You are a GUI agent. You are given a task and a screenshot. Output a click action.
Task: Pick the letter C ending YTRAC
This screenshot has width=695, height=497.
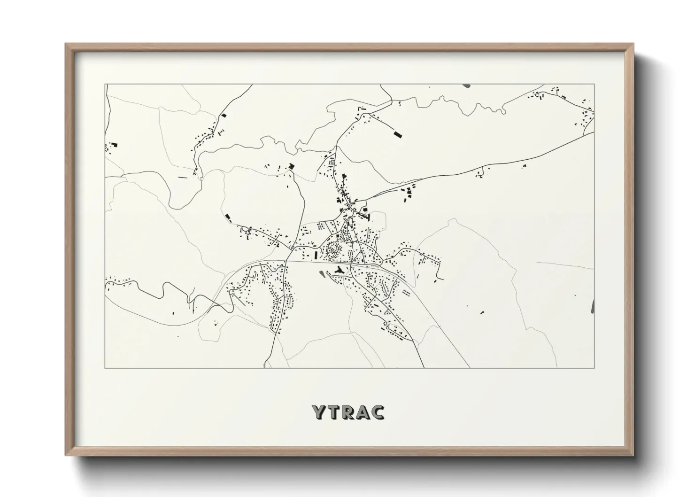pyautogui.click(x=378, y=412)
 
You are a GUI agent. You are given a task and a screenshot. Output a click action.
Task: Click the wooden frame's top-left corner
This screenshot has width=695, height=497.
pyautogui.click(x=66, y=44)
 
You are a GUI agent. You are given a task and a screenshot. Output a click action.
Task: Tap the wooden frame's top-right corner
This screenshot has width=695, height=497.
pyautogui.click(x=633, y=44)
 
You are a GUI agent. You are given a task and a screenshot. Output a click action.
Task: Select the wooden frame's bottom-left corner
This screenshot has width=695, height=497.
pyautogui.click(x=66, y=455)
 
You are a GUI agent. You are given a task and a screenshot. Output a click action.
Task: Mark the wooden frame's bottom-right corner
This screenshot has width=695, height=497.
pyautogui.click(x=633, y=455)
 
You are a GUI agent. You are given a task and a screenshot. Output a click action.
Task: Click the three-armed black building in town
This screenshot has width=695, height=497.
pyautogui.click(x=339, y=270)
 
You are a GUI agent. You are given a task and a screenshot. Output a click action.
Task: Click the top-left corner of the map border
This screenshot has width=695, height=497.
pyautogui.click(x=105, y=84)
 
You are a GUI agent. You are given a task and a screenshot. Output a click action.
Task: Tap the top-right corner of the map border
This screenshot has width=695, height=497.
pyautogui.click(x=595, y=84)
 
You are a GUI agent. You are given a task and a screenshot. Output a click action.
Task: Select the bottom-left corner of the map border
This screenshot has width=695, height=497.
pyautogui.click(x=105, y=368)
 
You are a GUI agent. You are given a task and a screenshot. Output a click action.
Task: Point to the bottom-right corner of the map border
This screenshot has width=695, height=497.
pyautogui.click(x=595, y=368)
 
